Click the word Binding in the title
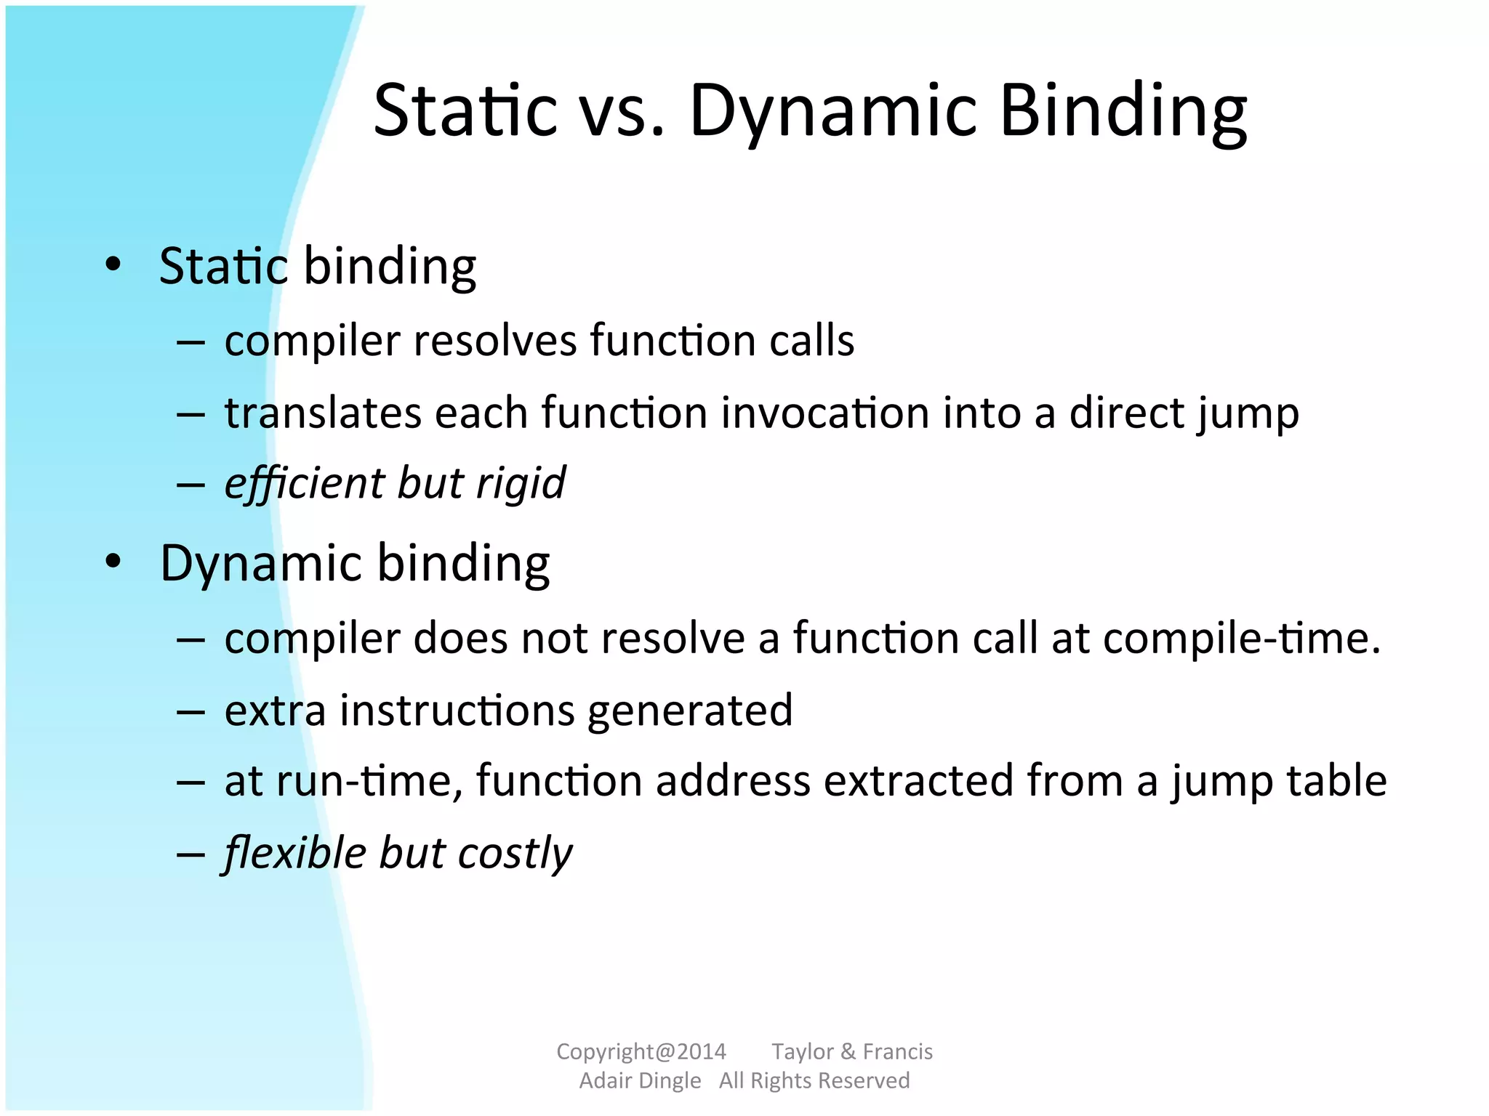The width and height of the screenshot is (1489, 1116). pyautogui.click(x=1123, y=111)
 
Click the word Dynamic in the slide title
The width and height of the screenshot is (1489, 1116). pyautogui.click(x=832, y=111)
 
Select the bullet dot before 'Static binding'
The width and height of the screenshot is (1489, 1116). pyautogui.click(x=113, y=265)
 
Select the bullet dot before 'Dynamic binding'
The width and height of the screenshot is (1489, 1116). pyautogui.click(x=113, y=562)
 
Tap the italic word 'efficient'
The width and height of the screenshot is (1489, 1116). pyautogui.click(x=304, y=483)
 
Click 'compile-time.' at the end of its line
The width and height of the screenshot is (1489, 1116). pyautogui.click(x=1241, y=638)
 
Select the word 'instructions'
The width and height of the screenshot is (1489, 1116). pyautogui.click(x=457, y=710)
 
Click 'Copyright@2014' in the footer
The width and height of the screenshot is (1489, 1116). pyautogui.click(x=641, y=1051)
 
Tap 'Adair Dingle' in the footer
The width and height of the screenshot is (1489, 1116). pyautogui.click(x=640, y=1081)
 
